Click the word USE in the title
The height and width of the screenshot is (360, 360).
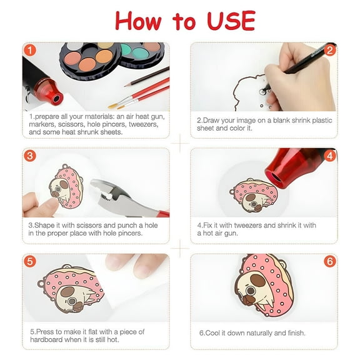227,21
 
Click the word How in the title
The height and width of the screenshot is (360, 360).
139,21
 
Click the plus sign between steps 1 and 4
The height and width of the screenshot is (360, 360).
180,144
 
